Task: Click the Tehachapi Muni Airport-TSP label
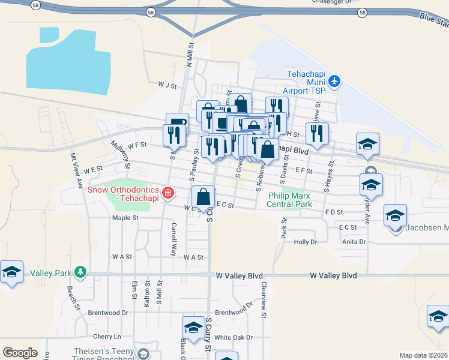point(306,82)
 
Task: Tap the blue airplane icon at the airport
point(334,81)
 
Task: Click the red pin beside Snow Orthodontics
point(169,193)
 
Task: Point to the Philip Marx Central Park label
point(291,200)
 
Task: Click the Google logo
point(20,353)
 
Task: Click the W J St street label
point(167,86)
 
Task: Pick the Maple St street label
point(125,218)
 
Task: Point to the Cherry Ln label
point(107,337)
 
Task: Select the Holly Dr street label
point(305,242)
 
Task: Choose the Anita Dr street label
point(354,242)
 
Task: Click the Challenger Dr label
point(331,2)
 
